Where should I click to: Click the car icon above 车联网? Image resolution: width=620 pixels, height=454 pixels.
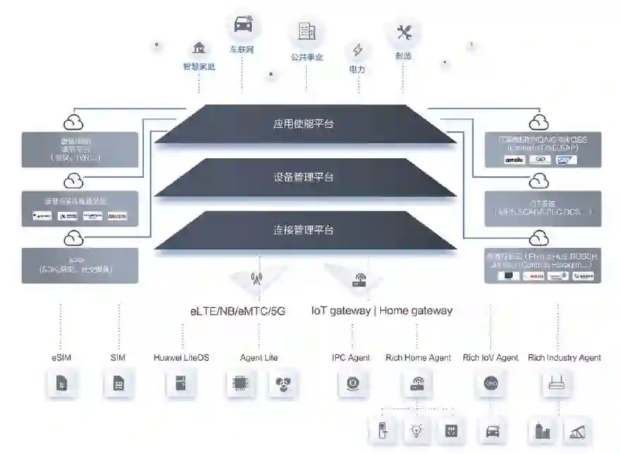click(x=242, y=25)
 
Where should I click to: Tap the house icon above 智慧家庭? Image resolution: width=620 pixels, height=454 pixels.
click(x=199, y=48)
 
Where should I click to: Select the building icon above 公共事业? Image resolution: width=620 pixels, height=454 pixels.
click(x=306, y=31)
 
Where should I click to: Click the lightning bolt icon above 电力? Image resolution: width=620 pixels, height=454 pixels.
click(x=358, y=50)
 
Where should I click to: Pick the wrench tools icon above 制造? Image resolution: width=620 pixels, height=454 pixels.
click(x=403, y=32)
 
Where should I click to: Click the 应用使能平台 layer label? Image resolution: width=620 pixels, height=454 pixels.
click(x=303, y=124)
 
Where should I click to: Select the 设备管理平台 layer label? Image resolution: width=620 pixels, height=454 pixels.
click(x=303, y=177)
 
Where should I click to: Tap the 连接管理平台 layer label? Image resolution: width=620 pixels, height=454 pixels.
click(x=303, y=230)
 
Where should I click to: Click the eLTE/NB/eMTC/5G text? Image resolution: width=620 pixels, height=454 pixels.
click(x=238, y=311)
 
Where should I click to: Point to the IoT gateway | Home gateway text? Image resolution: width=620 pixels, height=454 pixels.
click(x=382, y=311)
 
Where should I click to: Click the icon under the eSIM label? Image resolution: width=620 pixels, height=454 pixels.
click(x=61, y=386)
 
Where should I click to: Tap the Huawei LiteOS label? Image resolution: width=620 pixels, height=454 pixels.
click(x=181, y=358)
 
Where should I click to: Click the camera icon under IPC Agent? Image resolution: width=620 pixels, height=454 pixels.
click(x=351, y=385)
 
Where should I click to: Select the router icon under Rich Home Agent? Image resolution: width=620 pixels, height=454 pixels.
click(x=418, y=385)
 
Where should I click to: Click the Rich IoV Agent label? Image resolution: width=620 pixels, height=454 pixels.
click(x=490, y=358)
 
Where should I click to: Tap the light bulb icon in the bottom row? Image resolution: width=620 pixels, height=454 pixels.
click(x=416, y=431)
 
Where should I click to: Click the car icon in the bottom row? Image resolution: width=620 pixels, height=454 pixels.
click(x=492, y=431)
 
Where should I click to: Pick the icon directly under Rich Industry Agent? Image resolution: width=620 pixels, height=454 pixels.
click(x=558, y=385)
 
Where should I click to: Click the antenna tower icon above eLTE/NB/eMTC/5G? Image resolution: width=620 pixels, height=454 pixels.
click(x=255, y=278)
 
